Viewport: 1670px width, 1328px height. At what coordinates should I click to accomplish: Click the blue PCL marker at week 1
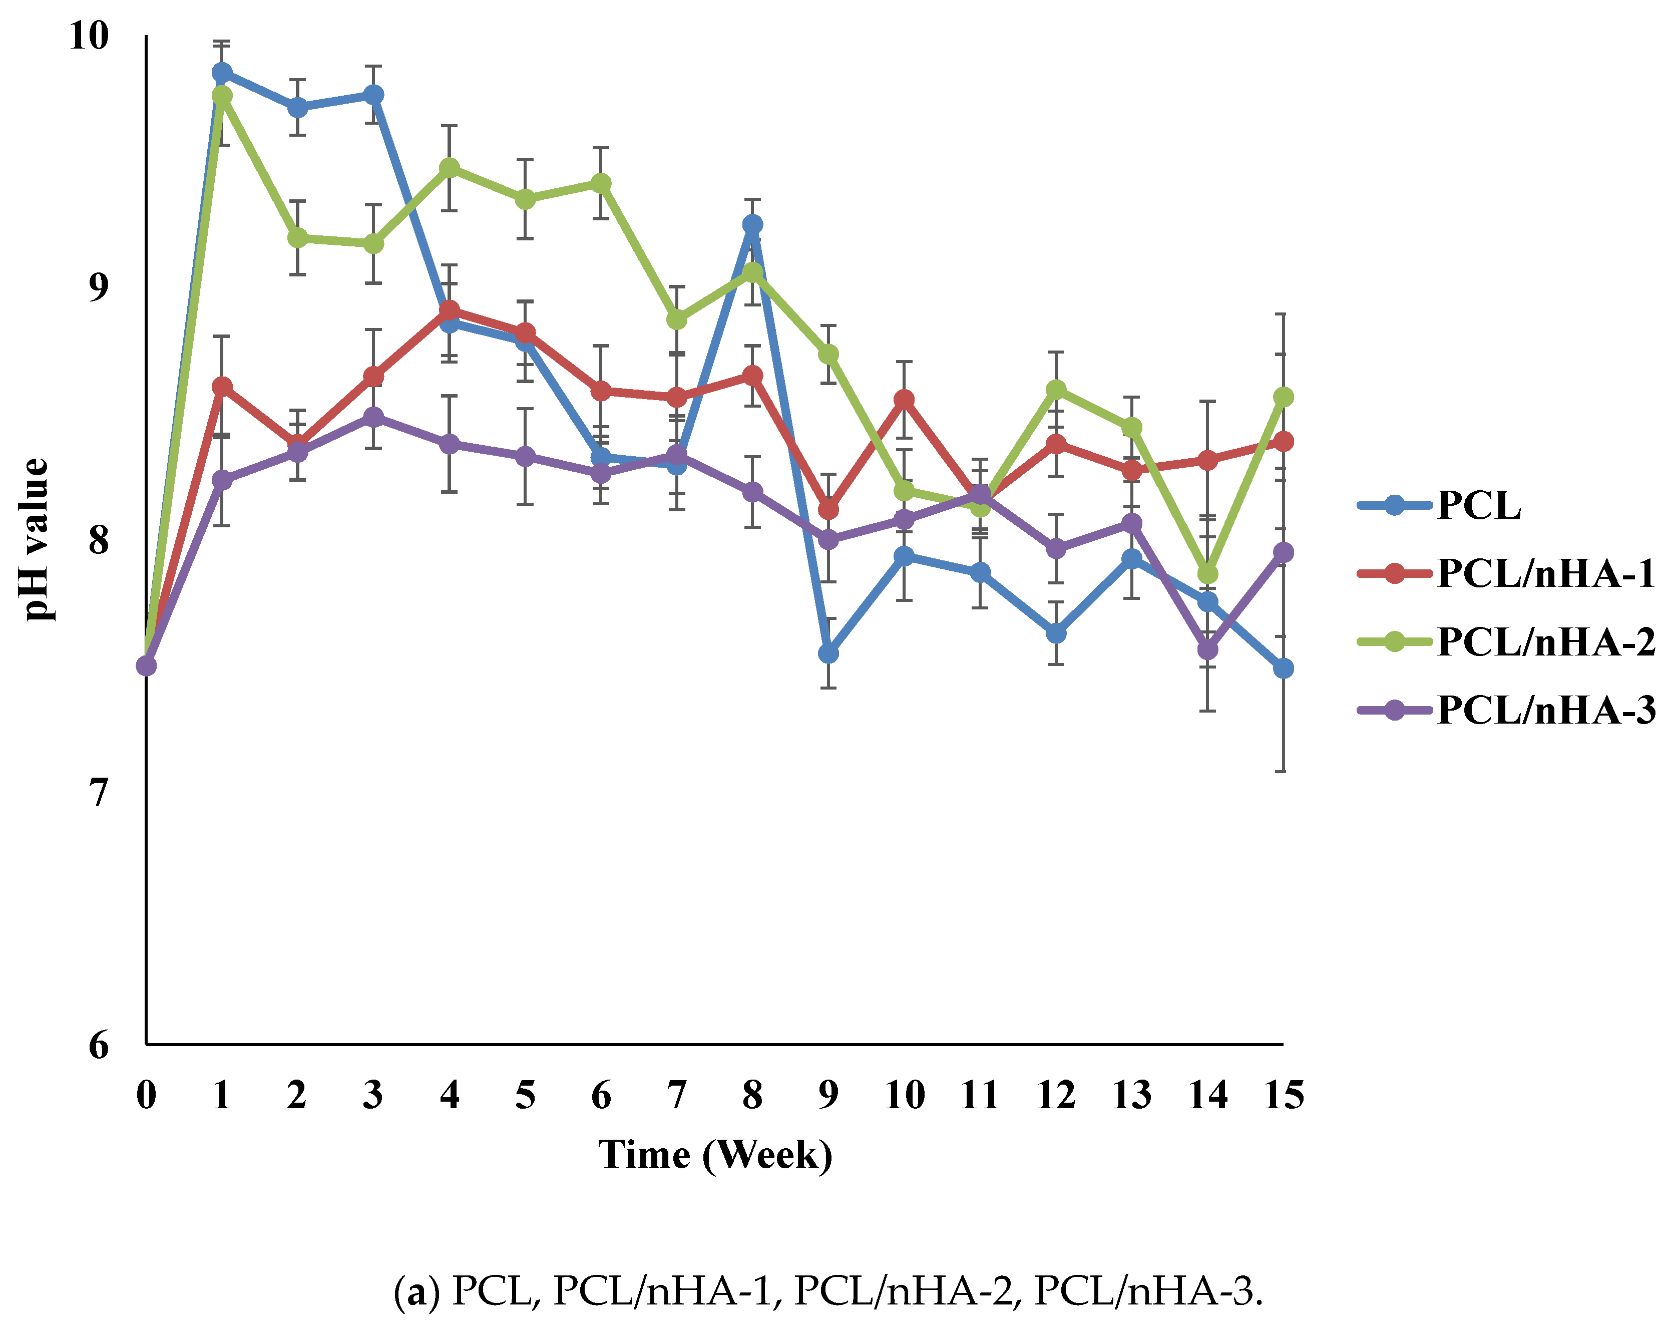(x=222, y=72)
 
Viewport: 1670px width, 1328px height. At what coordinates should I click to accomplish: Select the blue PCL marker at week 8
(x=752, y=225)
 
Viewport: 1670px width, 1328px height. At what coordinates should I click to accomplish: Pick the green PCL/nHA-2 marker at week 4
(x=449, y=168)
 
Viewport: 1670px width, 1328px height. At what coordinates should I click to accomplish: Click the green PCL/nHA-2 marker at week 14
(x=1207, y=573)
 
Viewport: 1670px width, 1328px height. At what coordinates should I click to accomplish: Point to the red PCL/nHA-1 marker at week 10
(x=904, y=400)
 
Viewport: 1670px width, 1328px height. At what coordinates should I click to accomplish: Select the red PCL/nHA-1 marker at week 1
(x=222, y=387)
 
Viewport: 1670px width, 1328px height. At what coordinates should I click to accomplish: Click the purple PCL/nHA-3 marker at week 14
(x=1207, y=649)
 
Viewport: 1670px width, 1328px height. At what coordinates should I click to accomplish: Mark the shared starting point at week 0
(x=146, y=666)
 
